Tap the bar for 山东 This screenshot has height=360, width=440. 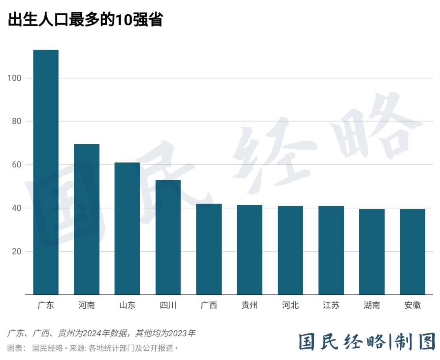[127, 228]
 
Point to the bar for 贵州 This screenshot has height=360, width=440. [249, 250]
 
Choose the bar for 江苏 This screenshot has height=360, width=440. [331, 250]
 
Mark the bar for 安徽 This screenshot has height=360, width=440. [412, 252]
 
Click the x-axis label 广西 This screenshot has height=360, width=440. [209, 305]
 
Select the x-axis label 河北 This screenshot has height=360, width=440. [290, 305]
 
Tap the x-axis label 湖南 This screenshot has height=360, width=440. [372, 305]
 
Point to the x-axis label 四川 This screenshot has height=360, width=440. [168, 305]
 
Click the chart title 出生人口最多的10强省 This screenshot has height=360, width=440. [85, 19]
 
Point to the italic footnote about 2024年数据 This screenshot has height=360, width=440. [101, 333]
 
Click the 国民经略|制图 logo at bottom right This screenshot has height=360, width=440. [367, 342]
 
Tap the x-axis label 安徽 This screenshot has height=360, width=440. [412, 305]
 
